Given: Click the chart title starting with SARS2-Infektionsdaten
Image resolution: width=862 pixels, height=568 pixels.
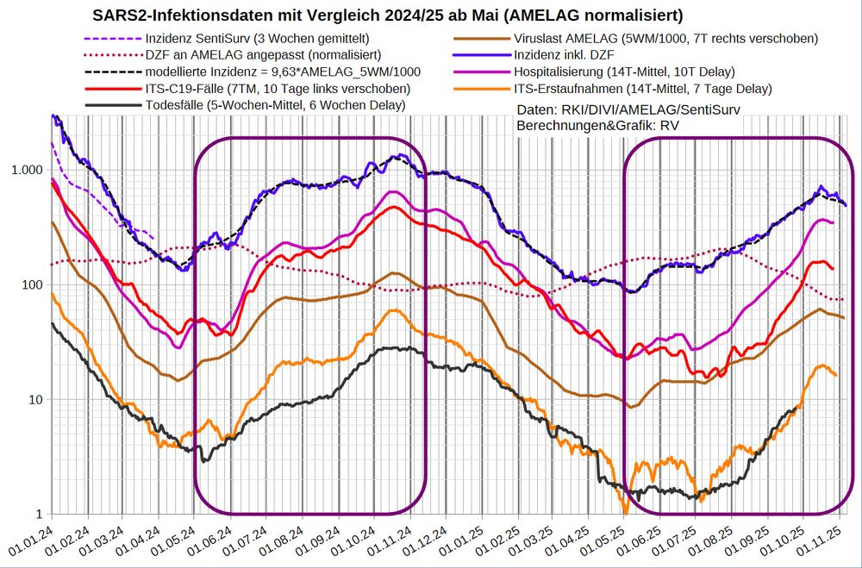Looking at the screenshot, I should (x=388, y=16).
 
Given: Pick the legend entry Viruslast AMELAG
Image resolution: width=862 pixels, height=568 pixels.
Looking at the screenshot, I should (x=665, y=39).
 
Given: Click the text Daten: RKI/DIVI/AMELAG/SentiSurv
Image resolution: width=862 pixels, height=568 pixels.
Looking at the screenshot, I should (x=628, y=109).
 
